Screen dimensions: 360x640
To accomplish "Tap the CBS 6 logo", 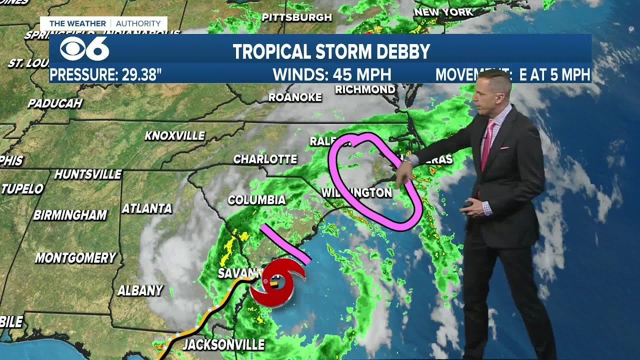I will (84, 48).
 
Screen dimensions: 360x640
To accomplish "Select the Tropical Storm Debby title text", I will (331, 51).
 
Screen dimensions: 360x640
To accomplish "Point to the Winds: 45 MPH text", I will (331, 75).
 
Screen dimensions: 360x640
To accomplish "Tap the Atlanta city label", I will (146, 208).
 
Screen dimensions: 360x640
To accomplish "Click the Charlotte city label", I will (265, 159).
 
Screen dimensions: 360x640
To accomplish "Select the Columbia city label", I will (256, 200).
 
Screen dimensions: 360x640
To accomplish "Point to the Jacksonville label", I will (223, 344).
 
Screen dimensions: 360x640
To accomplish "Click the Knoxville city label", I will (174, 135).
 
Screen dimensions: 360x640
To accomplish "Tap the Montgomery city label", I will (75, 258).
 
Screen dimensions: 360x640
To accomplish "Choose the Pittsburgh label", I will (296, 17).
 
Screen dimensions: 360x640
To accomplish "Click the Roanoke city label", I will (295, 97).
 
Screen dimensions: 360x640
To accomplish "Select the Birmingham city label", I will (70, 215).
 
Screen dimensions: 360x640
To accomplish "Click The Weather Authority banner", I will (104, 23).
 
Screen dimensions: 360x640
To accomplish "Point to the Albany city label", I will (140, 290).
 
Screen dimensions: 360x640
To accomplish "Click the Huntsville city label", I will (88, 174).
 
